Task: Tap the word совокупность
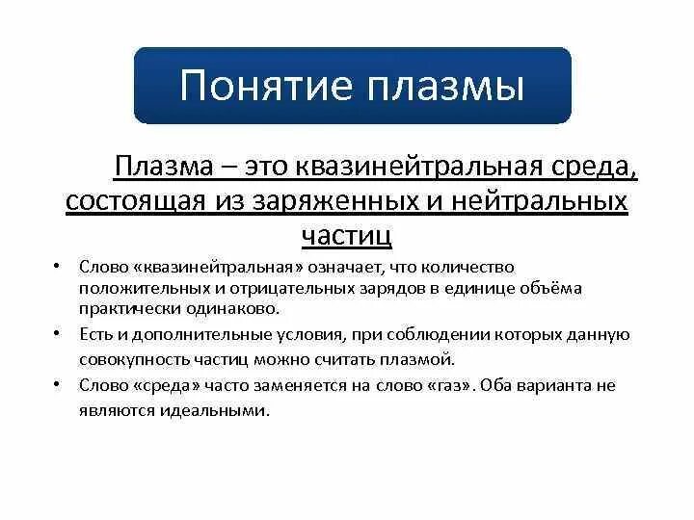[133, 359]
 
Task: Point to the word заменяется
[272, 385]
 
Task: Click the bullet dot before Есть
[58, 334]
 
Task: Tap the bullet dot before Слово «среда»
[58, 385]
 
